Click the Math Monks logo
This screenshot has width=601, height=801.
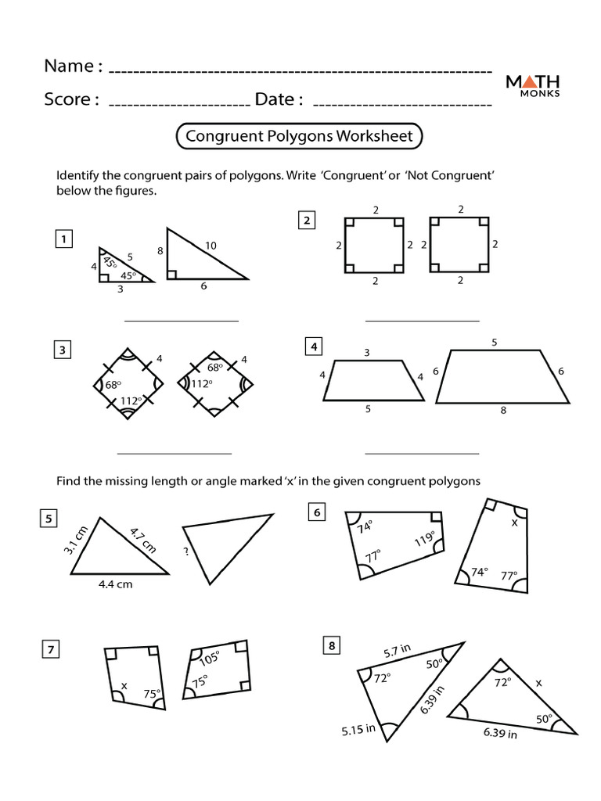(537, 85)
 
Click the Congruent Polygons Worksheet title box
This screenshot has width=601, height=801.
(299, 136)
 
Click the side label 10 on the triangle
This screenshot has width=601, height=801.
(211, 246)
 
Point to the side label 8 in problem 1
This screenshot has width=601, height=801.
(160, 252)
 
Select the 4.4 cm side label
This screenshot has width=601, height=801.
(115, 584)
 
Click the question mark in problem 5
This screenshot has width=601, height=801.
(187, 550)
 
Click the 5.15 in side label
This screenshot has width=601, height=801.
(358, 731)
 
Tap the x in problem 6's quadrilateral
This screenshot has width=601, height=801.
(514, 523)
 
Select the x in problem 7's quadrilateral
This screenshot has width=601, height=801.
(123, 687)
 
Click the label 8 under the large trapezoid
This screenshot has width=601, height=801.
(502, 409)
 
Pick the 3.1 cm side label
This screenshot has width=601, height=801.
(74, 540)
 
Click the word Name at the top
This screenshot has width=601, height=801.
(69, 66)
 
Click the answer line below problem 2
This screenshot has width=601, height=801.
(422, 320)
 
